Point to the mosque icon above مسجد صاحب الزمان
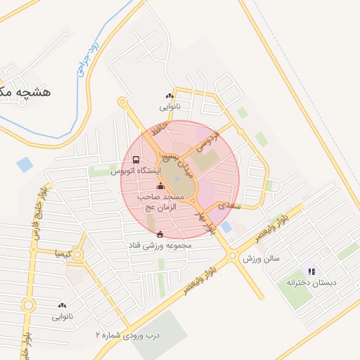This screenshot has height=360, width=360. coord(160,186)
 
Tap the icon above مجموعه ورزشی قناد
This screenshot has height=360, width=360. coord(160,234)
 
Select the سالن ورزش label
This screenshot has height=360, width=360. coord(262,258)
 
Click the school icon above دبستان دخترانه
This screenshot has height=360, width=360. coord(311,271)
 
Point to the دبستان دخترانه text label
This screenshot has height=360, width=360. coord(307,282)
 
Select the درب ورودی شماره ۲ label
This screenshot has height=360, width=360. coord(128,335)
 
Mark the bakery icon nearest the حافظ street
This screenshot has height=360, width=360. coord(169,96)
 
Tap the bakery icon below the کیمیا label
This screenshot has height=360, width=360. coord(62,305)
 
